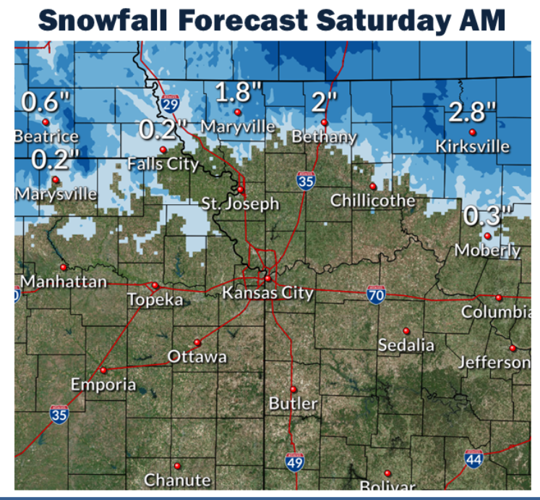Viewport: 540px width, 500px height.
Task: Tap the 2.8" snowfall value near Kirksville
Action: click(473, 112)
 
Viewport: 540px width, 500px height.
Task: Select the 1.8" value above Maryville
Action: click(239, 92)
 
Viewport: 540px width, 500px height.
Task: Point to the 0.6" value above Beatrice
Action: click(46, 102)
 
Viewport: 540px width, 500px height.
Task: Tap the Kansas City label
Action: click(267, 293)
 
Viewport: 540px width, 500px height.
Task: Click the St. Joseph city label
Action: click(241, 203)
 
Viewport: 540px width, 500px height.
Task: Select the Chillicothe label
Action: click(373, 200)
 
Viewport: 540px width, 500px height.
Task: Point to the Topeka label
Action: click(155, 300)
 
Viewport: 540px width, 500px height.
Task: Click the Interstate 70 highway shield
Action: click(375, 293)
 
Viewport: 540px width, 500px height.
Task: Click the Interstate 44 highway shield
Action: click(474, 457)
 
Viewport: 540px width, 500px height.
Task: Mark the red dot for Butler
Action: click(293, 389)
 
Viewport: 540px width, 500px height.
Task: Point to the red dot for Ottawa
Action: click(197, 342)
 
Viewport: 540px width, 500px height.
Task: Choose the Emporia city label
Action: click(103, 384)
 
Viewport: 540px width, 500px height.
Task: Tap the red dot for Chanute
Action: click(177, 466)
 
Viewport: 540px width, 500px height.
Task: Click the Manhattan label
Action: click(64, 281)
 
